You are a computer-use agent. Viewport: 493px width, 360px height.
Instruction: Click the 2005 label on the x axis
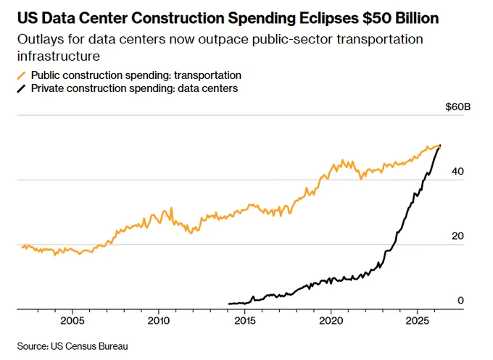point(72,321)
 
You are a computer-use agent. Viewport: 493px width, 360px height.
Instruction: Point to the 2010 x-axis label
point(159,321)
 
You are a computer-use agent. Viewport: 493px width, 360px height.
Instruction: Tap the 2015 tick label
point(244,321)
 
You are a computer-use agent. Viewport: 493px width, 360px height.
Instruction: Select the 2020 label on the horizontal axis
point(331,321)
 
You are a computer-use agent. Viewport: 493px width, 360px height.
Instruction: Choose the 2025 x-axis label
point(417,321)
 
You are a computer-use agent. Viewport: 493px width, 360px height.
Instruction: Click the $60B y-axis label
point(457,106)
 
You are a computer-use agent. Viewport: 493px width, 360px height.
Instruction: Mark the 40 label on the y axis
point(457,171)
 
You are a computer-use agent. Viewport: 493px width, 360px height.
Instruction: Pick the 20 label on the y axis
point(457,236)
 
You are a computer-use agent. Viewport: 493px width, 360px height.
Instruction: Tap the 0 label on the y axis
point(460,301)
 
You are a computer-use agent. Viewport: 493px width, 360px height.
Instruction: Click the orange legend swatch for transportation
point(21,76)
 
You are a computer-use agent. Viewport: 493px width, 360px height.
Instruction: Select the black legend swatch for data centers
point(21,88)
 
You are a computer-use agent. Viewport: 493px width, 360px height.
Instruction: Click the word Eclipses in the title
point(328,18)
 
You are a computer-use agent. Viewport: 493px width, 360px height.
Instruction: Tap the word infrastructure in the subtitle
point(59,56)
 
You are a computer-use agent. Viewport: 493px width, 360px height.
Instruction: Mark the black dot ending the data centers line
point(440,146)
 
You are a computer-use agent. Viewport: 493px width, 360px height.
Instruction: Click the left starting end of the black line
point(229,304)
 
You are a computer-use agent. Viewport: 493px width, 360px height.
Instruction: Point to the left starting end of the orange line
point(22,248)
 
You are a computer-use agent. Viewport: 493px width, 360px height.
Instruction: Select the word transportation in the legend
point(207,75)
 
